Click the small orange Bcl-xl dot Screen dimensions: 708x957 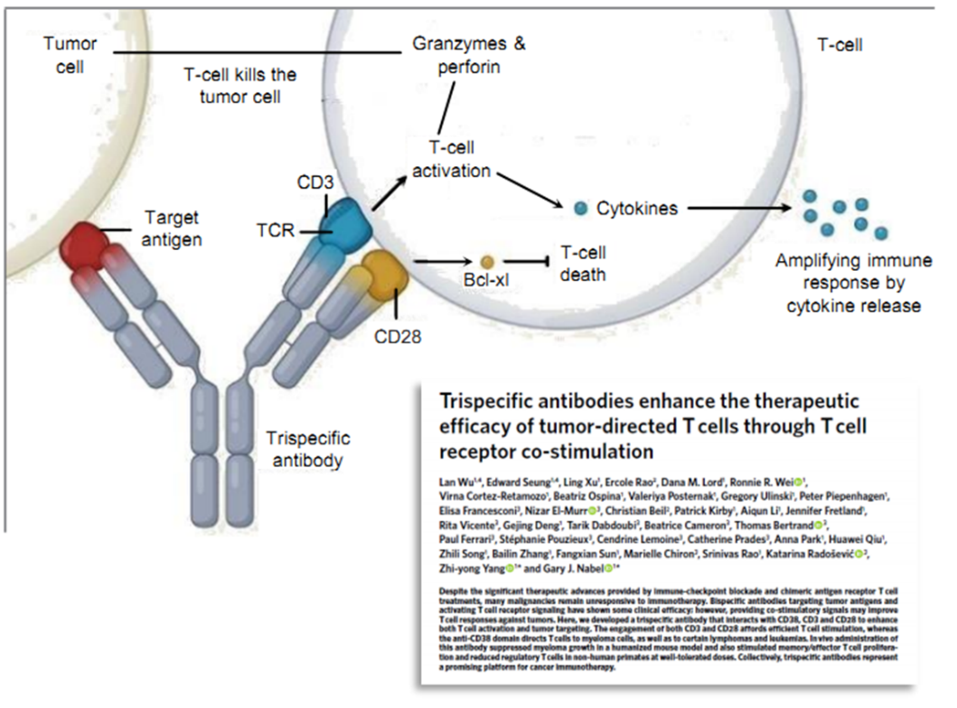[486, 260]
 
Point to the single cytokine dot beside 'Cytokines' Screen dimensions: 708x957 [580, 209]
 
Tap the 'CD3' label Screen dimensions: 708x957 [314, 183]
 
